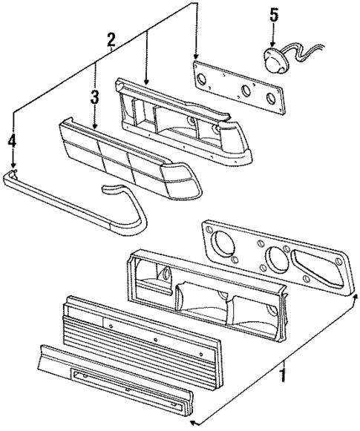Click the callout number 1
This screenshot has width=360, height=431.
pos(282,376)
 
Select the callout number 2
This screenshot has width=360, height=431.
pos(111,39)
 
